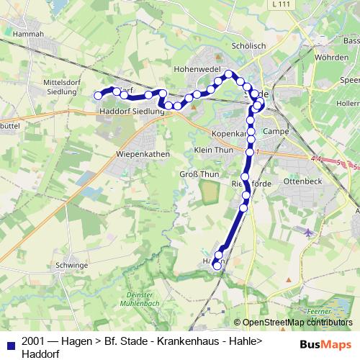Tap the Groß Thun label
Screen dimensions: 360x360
199,174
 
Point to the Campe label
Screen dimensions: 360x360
276,131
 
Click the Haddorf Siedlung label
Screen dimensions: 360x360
132,112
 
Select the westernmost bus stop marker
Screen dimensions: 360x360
99,95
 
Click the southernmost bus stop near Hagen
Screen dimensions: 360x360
217,266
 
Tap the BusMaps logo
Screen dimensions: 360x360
325,344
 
